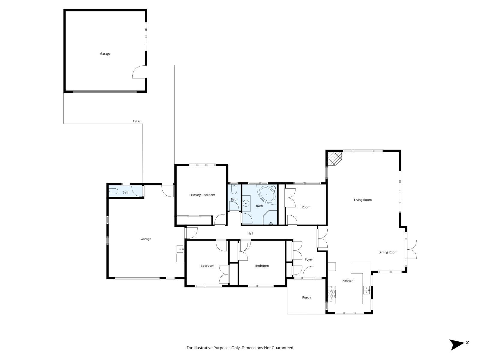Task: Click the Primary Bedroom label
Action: point(202,195)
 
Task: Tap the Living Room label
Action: point(363,200)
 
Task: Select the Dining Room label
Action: point(388,252)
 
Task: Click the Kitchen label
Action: point(348,281)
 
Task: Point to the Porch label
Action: point(306,298)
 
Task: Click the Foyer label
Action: point(309,260)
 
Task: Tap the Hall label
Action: point(250,233)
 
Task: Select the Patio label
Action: point(136,121)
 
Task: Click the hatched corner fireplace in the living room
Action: point(334,158)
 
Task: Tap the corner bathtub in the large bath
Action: point(267,195)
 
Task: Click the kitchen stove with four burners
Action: point(331,294)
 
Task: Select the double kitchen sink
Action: point(366,290)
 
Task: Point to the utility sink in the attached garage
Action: point(180,249)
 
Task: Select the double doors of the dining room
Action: point(411,249)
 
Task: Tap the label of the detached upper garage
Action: point(105,54)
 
